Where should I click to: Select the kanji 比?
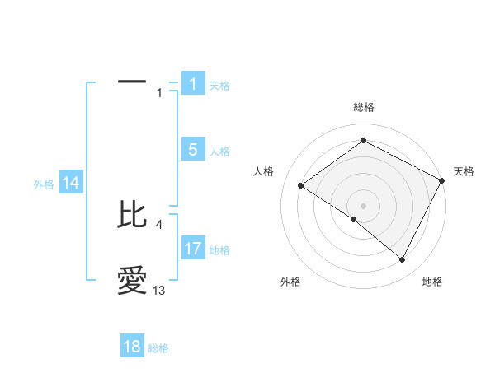[x=132, y=215]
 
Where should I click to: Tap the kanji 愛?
[x=132, y=281]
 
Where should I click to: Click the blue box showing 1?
[x=192, y=84]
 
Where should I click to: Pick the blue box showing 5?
[x=192, y=150]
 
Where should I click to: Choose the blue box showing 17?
[x=192, y=249]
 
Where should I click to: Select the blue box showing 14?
[x=71, y=183]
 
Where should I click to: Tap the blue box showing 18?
[x=132, y=347]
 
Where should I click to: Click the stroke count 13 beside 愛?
[x=159, y=291]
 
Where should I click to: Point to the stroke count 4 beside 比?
[x=159, y=224]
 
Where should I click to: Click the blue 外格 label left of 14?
[x=44, y=184]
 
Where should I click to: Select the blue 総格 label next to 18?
[x=158, y=348]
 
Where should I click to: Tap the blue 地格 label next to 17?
[x=219, y=250]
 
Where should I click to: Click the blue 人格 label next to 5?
[x=219, y=152]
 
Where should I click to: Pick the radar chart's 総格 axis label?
[x=363, y=107]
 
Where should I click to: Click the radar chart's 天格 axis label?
[x=464, y=171]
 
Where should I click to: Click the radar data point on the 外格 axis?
[x=353, y=219]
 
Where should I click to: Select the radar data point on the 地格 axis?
[x=403, y=260]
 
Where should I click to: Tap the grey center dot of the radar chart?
[x=363, y=205]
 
